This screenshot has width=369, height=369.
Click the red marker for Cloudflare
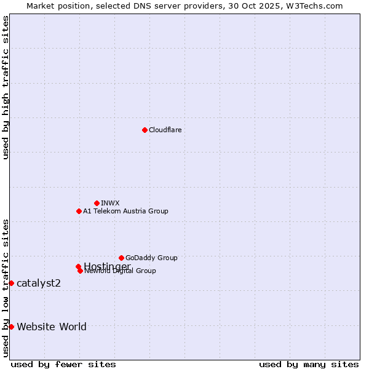coord(145,130)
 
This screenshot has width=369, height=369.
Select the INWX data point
coord(97,203)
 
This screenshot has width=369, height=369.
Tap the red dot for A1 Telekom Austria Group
coord(79,211)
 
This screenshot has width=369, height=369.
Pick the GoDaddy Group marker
coord(121,258)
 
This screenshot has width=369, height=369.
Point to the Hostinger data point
coord(78,266)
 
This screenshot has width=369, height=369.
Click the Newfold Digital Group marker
coord(80,271)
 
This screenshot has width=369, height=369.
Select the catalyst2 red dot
coord(11,283)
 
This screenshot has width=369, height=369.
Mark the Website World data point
coord(11,327)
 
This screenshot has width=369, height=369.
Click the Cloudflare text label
coord(165,130)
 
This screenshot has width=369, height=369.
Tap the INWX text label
coord(110,203)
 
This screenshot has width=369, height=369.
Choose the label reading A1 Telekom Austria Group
coord(125,211)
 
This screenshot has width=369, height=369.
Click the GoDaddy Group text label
coord(151,258)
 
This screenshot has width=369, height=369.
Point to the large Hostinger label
coord(107,266)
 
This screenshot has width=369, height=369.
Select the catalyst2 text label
coord(39,283)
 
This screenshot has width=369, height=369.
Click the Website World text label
coord(52,327)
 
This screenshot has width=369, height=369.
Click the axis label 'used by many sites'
coord(309,365)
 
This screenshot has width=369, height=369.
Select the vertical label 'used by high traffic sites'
coord(6,87)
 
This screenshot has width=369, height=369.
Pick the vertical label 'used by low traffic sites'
coord(6,288)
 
